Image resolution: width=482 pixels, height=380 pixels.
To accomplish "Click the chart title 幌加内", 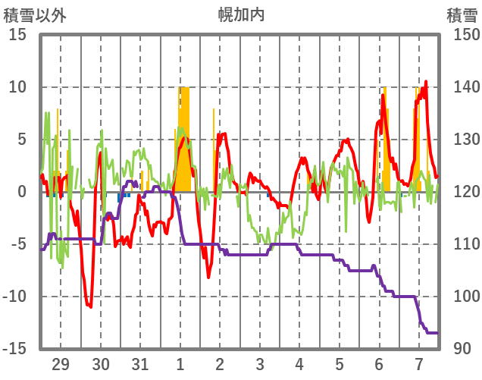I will click(x=241, y=14).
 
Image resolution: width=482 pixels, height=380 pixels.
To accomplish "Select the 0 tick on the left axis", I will click(x=23, y=192).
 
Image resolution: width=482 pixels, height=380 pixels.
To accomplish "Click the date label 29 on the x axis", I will click(x=60, y=363).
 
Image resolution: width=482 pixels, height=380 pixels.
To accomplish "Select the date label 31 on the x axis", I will click(x=140, y=363).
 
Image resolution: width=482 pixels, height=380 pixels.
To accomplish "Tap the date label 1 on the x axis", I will click(x=180, y=363).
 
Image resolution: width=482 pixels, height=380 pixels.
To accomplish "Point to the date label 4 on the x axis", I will click(x=299, y=363).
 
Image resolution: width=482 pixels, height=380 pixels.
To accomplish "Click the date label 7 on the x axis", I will click(x=419, y=363).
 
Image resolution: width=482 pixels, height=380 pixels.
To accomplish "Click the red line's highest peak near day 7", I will click(x=426, y=82).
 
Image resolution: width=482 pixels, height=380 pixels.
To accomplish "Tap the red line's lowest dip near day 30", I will click(x=89, y=306).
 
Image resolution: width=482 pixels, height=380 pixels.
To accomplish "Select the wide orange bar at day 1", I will click(x=184, y=140).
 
